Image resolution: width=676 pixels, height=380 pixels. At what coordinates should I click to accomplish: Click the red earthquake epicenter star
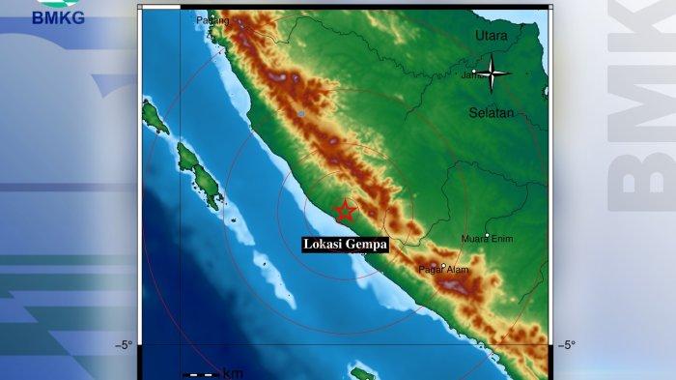pyautogui.click(x=344, y=212)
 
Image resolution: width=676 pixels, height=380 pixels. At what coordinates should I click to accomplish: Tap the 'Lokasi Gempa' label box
pyautogui.click(x=345, y=245)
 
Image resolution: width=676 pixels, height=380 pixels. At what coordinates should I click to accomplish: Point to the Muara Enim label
pyautogui.click(x=487, y=238)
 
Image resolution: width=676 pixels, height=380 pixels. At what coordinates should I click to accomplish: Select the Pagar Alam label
pyautogui.click(x=442, y=271)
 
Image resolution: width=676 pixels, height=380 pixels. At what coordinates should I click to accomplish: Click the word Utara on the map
pyautogui.click(x=492, y=37)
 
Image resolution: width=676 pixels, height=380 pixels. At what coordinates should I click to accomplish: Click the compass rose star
pyautogui.click(x=493, y=73)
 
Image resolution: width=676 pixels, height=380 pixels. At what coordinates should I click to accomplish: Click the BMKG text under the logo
pyautogui.click(x=58, y=16)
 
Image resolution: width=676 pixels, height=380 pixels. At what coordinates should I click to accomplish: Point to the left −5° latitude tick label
pyautogui.click(x=124, y=345)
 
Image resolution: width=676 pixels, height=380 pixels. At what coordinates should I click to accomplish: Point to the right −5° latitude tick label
pyautogui.click(x=567, y=345)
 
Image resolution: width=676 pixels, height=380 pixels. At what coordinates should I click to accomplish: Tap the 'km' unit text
pyautogui.click(x=233, y=373)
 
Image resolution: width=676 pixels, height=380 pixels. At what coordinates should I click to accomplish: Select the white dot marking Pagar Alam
pyautogui.click(x=441, y=265)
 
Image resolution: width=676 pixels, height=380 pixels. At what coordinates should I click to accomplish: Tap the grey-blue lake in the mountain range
pyautogui.click(x=301, y=114)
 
